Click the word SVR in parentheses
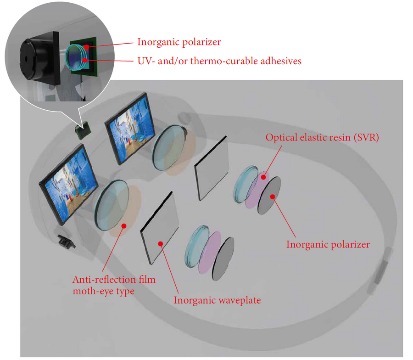click(x=366, y=137)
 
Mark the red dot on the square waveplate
click(x=161, y=244)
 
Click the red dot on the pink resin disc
click(x=263, y=177)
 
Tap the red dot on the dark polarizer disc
click(x=273, y=197)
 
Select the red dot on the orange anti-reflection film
click(x=124, y=226)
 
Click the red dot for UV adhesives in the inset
click(x=85, y=60)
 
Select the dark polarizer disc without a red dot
click(x=223, y=259)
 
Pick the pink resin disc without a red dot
click(x=210, y=252)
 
